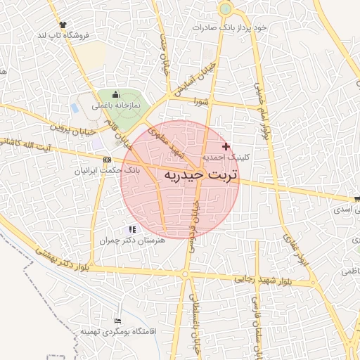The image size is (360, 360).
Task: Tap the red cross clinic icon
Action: [226, 146]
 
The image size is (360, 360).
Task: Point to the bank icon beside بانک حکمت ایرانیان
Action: [107, 159]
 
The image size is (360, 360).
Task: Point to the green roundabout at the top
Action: [225, 10]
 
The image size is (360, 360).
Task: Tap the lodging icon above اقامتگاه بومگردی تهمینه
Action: [116, 320]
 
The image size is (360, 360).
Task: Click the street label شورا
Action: [202, 101]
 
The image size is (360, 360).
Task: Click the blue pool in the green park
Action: [75, 108]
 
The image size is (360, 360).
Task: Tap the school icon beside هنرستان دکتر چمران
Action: [131, 229]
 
